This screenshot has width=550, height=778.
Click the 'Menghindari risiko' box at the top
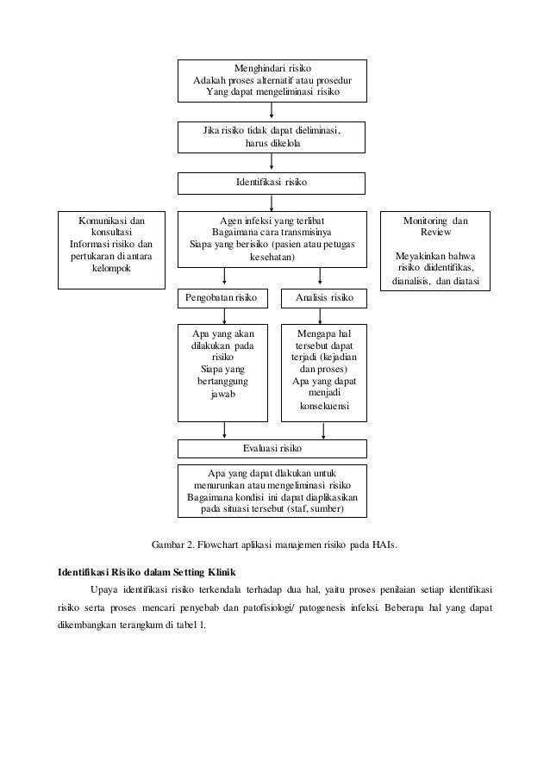point(272,80)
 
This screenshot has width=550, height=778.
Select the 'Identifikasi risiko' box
point(272,184)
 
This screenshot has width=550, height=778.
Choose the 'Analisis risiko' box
point(323,298)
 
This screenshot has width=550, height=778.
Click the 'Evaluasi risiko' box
point(272,449)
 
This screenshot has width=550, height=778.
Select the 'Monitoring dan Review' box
point(435,250)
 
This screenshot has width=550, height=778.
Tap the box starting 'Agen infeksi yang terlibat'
point(272,238)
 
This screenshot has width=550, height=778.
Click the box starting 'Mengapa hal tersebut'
point(323,372)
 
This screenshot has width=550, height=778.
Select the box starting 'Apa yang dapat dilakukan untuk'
point(272,491)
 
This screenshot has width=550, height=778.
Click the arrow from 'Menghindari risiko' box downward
point(272,112)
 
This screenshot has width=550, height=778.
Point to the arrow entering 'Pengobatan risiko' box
point(225,277)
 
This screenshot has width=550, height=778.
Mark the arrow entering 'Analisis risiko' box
point(320,277)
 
